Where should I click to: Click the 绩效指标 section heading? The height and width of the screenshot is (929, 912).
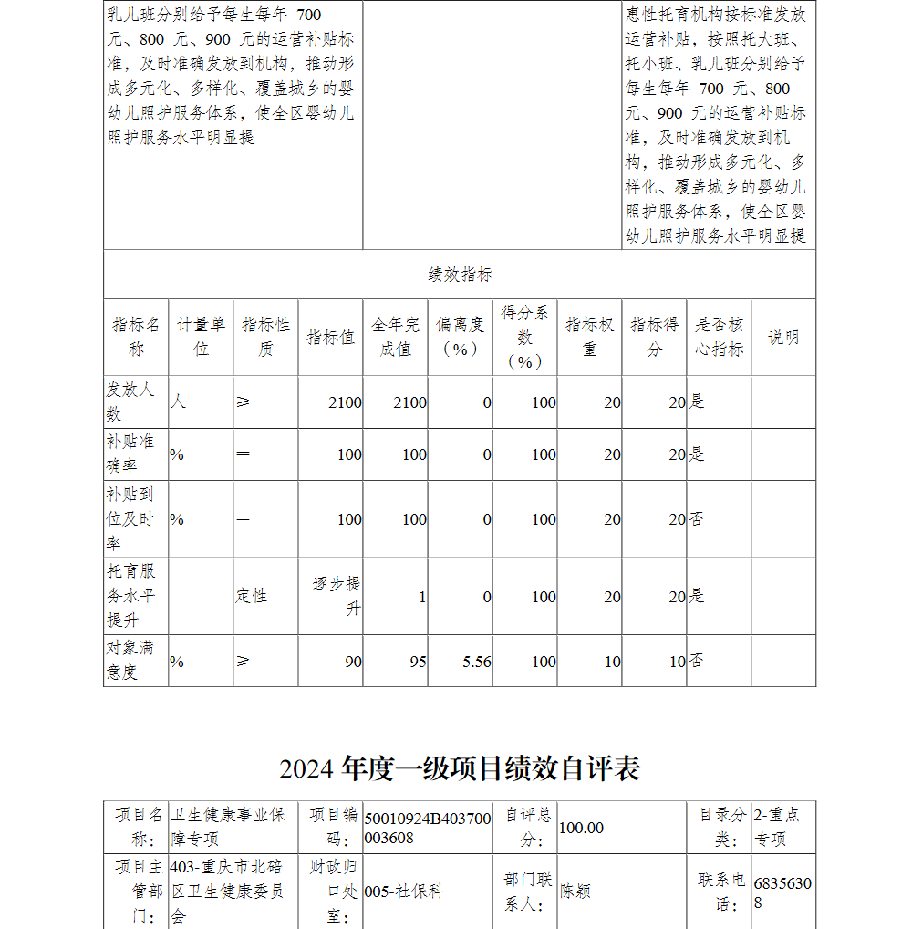[x=460, y=275]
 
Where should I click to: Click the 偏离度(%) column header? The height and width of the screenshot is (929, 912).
[x=460, y=337]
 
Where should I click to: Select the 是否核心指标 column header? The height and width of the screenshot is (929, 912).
[x=719, y=337]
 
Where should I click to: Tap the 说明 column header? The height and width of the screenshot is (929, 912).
[x=782, y=337]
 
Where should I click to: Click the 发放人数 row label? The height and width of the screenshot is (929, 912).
[x=131, y=402]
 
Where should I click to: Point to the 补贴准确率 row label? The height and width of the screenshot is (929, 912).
[x=131, y=454]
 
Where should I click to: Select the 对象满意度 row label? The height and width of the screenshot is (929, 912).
[x=131, y=661]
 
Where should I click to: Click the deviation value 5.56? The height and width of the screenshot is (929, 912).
[x=477, y=662]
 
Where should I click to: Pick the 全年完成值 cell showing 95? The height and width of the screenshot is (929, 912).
[x=418, y=662]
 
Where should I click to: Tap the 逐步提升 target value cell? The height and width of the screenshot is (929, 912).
[x=337, y=596]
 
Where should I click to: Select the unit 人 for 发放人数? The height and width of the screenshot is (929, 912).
[x=178, y=402]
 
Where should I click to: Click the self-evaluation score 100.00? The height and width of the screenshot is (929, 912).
[x=581, y=828]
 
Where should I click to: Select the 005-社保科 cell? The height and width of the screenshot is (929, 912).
[x=404, y=891]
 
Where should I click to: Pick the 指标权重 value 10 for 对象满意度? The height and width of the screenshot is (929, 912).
[x=612, y=662]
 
